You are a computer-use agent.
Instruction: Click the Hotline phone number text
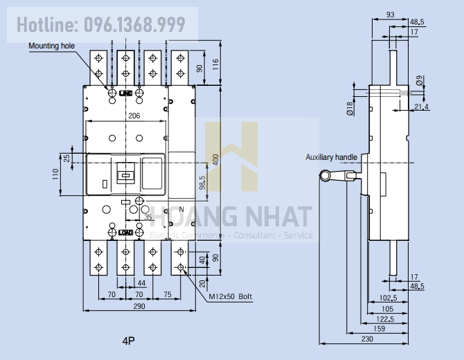[101, 26]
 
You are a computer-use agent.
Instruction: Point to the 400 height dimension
[215, 159]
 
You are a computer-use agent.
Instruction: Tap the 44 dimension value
[141, 284]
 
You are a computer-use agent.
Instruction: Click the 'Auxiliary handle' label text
[332, 157]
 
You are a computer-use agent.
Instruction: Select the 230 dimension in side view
[367, 339]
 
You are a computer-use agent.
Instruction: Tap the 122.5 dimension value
[386, 319]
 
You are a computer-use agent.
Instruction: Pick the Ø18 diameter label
[349, 107]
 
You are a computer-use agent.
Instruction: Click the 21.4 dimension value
[421, 106]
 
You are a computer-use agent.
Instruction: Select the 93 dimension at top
[390, 14]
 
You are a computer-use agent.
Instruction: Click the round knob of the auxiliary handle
[325, 177]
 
